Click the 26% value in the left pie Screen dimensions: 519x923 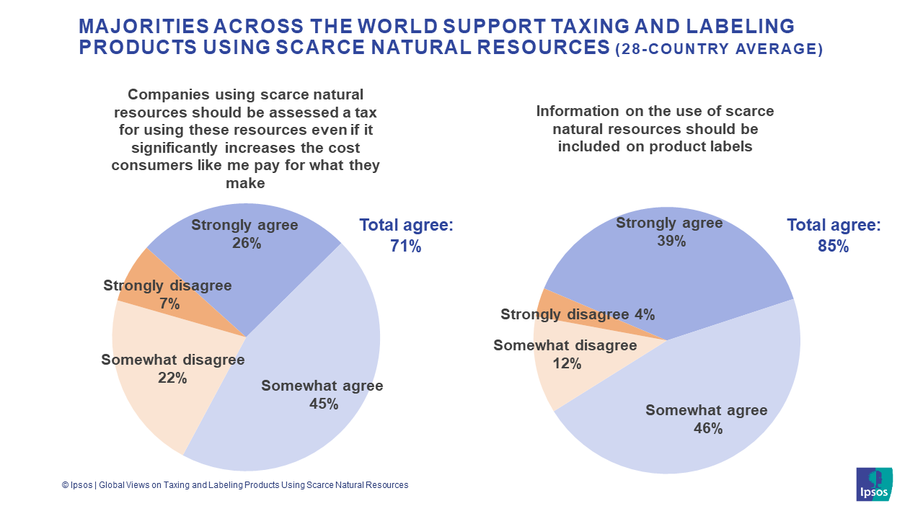click(246, 244)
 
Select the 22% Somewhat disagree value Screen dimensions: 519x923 click(172, 378)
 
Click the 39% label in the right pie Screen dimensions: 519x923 click(671, 241)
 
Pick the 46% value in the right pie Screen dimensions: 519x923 click(707, 428)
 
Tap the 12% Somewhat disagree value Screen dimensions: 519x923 click(566, 364)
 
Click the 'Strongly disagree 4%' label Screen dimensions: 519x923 click(578, 314)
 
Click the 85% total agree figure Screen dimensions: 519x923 click(833, 246)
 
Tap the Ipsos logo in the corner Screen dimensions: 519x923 click(874, 484)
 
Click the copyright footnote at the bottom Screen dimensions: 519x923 click(235, 485)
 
